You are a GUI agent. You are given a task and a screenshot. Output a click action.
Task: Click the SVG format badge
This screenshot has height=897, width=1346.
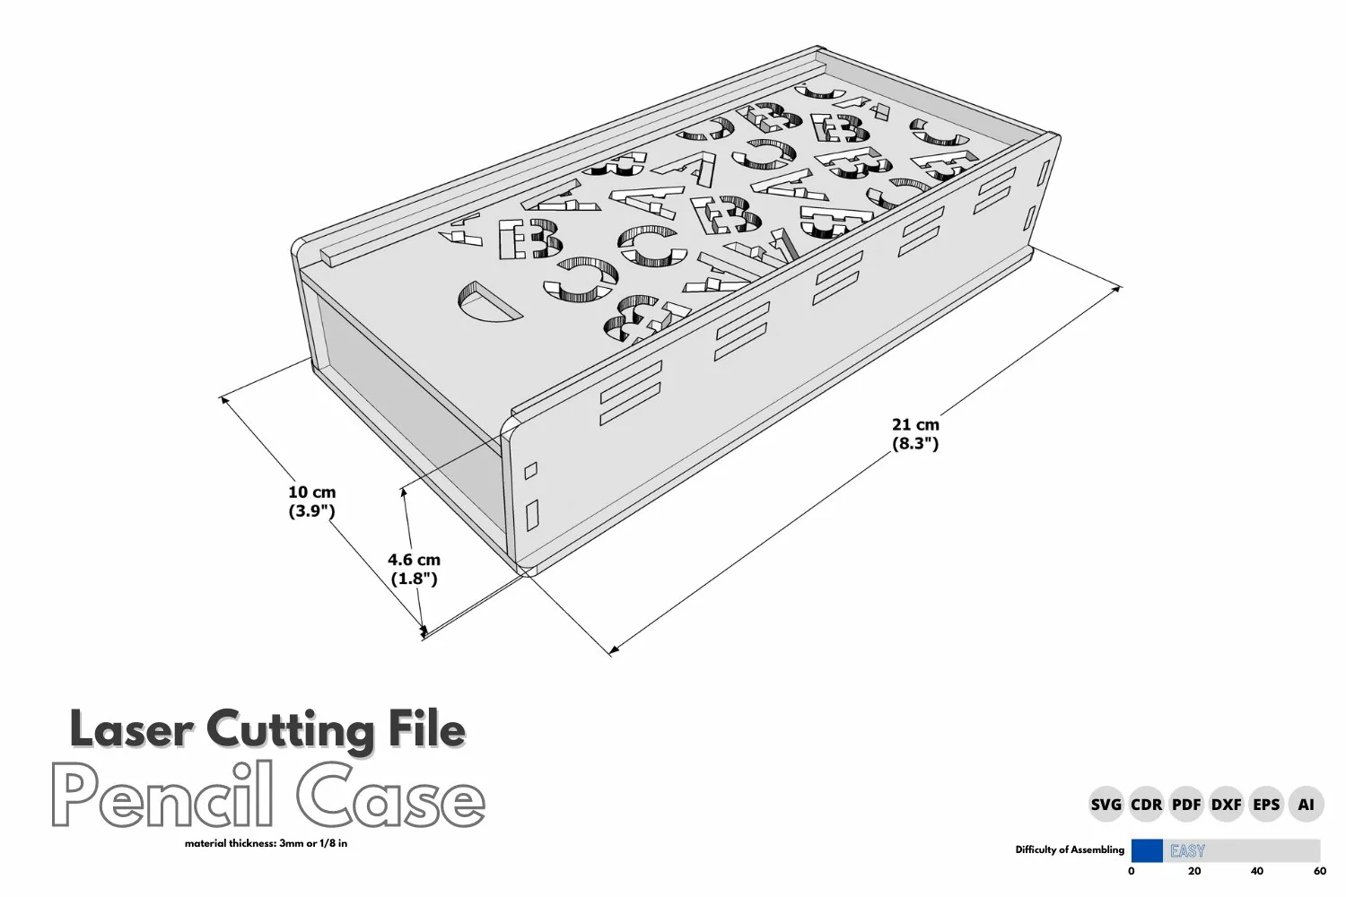coord(1106,804)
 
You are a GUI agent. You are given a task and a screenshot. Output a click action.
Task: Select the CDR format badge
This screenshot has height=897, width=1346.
coord(1147,804)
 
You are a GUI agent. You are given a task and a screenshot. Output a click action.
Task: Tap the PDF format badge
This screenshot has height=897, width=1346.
coord(1186,804)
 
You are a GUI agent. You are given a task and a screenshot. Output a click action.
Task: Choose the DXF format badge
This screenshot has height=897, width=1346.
coord(1226,804)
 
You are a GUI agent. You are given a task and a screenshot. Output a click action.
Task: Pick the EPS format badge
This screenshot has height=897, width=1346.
coord(1266,804)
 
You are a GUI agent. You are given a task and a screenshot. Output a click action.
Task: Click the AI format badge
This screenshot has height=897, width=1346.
coord(1306,804)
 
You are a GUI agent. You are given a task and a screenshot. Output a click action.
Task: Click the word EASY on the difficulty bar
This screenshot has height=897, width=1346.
coord(1187,850)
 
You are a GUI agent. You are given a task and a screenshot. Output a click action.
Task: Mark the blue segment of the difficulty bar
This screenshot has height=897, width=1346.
coord(1147,850)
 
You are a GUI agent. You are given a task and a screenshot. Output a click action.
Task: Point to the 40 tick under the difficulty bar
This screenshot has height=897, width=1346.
coord(1257,871)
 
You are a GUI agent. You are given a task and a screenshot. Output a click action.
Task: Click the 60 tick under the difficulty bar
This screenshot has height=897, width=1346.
coord(1320,871)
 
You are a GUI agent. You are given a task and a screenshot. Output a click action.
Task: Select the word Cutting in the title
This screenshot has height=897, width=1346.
coord(291,730)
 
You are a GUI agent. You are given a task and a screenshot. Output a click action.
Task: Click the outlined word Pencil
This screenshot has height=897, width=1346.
coord(162,795)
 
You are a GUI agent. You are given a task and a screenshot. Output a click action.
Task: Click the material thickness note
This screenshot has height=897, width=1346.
coord(267,843)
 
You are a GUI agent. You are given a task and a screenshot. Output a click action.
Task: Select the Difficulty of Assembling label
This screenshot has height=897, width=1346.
coord(1070,850)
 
